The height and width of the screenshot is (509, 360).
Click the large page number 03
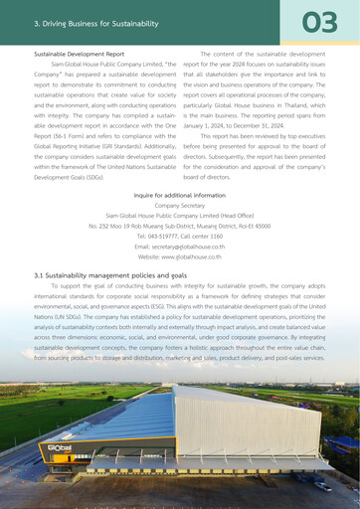[x=319, y=22]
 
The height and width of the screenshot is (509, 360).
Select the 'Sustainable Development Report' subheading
[x=80, y=54]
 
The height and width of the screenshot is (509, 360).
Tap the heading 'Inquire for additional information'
[x=179, y=196]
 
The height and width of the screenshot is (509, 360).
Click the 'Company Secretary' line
[x=179, y=206]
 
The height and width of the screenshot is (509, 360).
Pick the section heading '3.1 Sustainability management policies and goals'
[x=109, y=274]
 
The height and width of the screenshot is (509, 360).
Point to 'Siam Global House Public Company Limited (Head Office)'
[x=179, y=215]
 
